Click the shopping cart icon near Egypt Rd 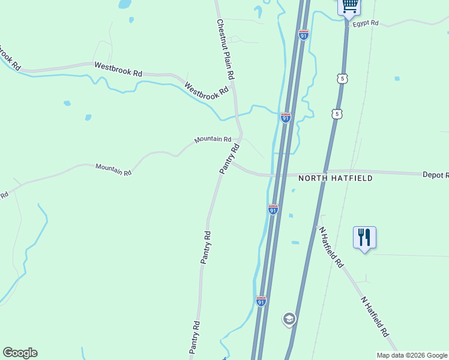(349, 6)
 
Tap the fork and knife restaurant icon (364, 238)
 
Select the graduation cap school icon (289, 319)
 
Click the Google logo (20, 353)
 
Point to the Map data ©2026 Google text (412, 355)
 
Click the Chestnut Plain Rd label (224, 50)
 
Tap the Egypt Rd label (366, 23)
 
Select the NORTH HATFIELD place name (336, 178)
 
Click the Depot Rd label (435, 175)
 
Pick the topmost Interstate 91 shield (304, 35)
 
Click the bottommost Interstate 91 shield (261, 301)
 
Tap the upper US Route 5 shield (342, 79)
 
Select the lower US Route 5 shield (337, 113)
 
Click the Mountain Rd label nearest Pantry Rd (212, 139)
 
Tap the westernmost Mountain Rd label (113, 169)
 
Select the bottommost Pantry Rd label (194, 337)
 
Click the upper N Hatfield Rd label (331, 247)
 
